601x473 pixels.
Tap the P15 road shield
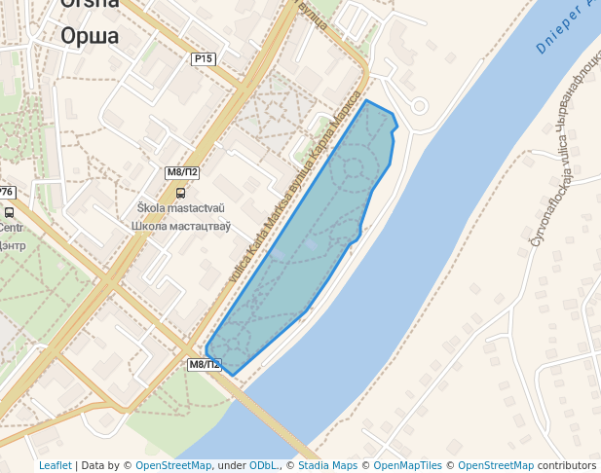(x=203, y=59)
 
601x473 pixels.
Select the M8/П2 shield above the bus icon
(x=182, y=172)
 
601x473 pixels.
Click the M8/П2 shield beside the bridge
(x=205, y=365)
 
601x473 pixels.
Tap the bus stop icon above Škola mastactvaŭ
(x=179, y=192)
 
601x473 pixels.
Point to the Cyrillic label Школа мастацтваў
(x=181, y=226)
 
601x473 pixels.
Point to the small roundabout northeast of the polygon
(x=420, y=106)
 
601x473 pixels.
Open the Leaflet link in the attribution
(x=56, y=465)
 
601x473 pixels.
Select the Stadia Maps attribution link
(x=326, y=465)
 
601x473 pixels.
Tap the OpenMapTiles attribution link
(x=407, y=465)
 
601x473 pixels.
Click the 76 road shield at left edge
(x=6, y=192)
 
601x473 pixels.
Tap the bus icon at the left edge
(x=9, y=211)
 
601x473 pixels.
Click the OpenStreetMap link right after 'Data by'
(x=173, y=465)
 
